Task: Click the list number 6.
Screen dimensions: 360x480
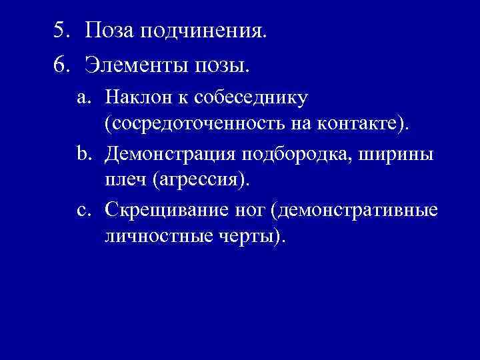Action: (x=61, y=67)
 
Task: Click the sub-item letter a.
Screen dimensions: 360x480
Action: (x=83, y=99)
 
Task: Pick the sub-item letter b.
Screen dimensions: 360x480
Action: (x=83, y=155)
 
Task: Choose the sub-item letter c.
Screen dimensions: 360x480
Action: (x=83, y=211)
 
